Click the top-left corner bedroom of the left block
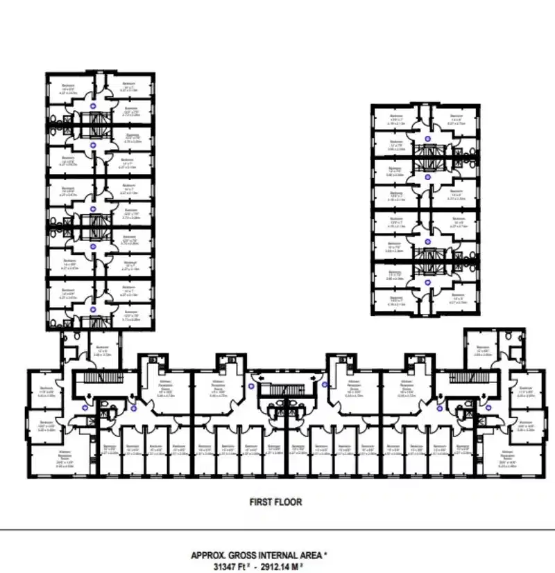pyautogui.click(x=68, y=90)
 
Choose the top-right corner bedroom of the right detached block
pyautogui.click(x=456, y=118)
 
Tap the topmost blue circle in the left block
pyautogui.click(x=94, y=106)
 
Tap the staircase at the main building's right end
pyautogui.click(x=463, y=378)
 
